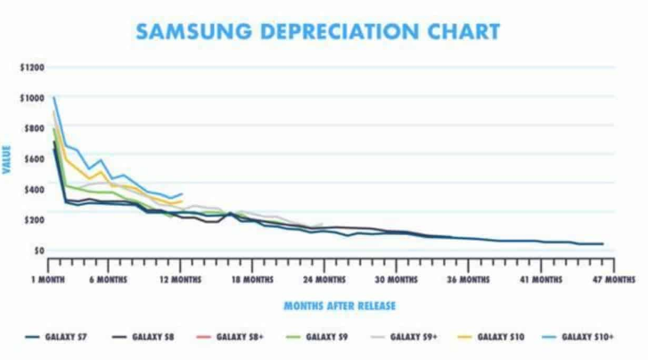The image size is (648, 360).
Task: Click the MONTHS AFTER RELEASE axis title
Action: tap(340, 306)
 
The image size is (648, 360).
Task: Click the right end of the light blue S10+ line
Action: tap(182, 193)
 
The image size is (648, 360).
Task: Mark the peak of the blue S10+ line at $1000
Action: tap(54, 98)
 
